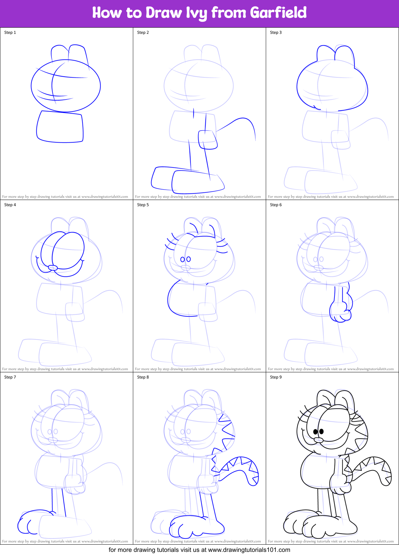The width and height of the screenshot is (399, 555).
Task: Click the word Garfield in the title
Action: pyautogui.click(x=278, y=13)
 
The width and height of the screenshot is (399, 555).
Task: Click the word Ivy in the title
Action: pyautogui.click(x=197, y=13)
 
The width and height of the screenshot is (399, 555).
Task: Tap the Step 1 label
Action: pyautogui.click(x=10, y=32)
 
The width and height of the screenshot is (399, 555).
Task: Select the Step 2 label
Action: pyautogui.click(x=143, y=32)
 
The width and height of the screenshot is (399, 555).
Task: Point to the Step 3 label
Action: pyautogui.click(x=276, y=32)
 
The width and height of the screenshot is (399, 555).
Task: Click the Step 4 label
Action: pyautogui.click(x=10, y=205)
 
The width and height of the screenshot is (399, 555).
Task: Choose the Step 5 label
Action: pyautogui.click(x=143, y=205)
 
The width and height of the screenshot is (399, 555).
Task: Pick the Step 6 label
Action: pyautogui.click(x=276, y=205)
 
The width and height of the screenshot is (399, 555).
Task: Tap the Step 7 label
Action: pyautogui.click(x=10, y=377)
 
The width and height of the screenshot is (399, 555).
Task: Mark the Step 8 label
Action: pyautogui.click(x=143, y=377)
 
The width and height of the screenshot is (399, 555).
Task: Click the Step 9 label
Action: pyautogui.click(x=276, y=377)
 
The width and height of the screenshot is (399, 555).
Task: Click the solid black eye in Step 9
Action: pyautogui.click(x=321, y=431)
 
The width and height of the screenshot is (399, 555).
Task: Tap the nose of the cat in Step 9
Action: pyautogui.click(x=318, y=440)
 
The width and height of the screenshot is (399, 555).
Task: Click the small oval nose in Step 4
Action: pyautogui.click(x=52, y=268)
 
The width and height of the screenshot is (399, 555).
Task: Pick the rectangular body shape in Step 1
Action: pyautogui.click(x=60, y=127)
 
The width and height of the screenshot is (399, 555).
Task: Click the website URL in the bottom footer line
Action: pyautogui.click(x=249, y=550)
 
